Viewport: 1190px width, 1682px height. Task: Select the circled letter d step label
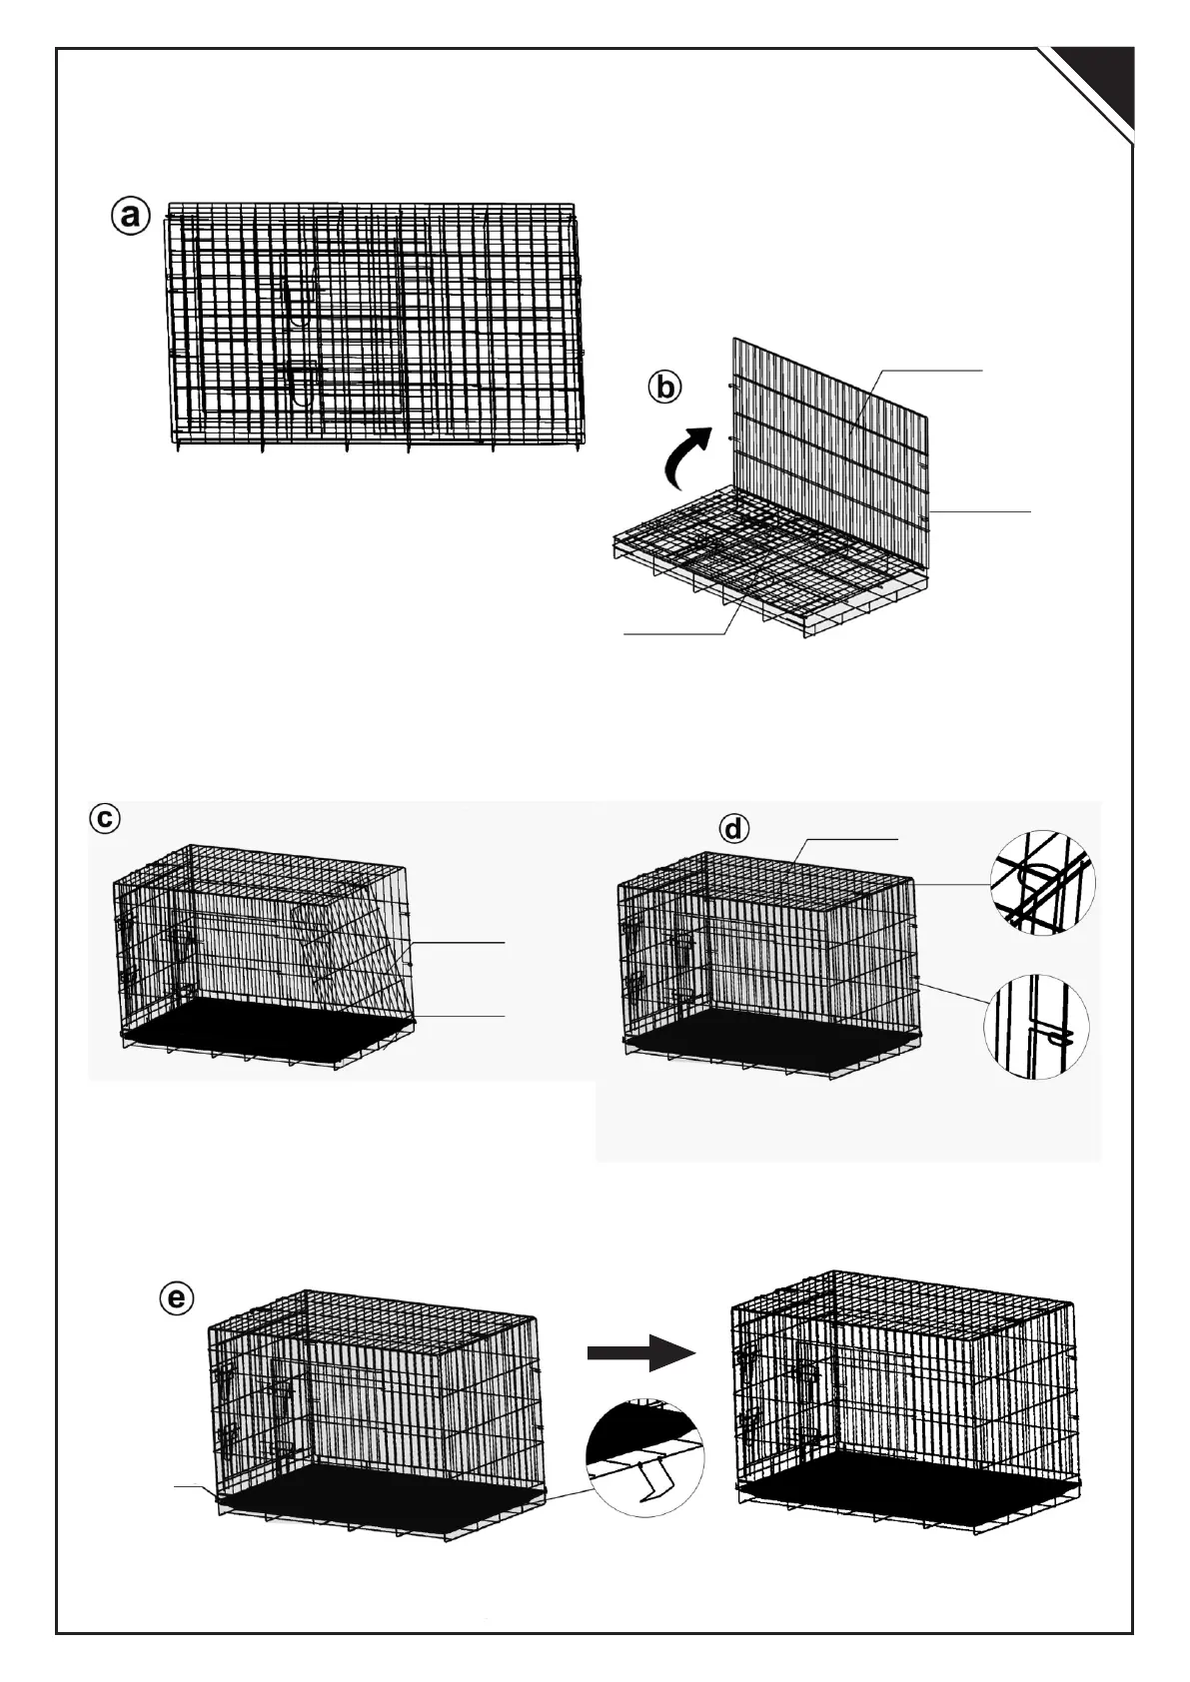[x=734, y=829]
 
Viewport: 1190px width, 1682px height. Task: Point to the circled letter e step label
[x=176, y=1298]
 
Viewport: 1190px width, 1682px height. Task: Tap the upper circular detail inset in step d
[x=1041, y=882]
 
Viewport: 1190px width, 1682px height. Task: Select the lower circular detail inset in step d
[x=1035, y=1026]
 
